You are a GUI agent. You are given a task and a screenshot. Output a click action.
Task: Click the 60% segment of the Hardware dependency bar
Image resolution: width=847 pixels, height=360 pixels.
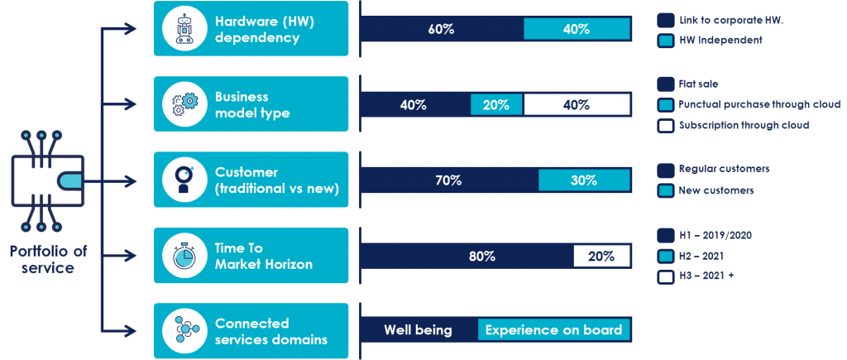(441, 29)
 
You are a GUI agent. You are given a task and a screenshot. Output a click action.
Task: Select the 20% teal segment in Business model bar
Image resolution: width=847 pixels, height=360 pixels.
(496, 105)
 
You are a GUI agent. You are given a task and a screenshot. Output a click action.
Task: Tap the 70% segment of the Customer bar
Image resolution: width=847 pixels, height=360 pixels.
(448, 180)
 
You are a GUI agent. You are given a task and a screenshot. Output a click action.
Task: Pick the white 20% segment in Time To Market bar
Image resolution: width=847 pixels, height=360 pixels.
(601, 256)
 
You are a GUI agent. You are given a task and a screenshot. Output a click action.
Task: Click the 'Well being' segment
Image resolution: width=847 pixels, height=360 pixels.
(418, 330)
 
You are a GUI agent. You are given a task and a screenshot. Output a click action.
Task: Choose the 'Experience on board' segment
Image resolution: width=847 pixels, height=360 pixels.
(553, 330)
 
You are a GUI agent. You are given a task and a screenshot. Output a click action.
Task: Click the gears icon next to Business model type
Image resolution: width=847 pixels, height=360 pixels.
(184, 104)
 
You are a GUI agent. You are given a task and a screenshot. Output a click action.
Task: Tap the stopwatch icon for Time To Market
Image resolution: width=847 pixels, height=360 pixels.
(184, 256)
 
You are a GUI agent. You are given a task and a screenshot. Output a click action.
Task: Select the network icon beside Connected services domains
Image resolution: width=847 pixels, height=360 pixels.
(184, 330)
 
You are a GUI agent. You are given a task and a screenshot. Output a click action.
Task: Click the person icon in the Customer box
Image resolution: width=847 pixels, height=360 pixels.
(184, 180)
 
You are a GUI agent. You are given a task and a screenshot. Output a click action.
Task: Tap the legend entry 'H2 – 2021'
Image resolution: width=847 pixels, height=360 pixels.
(700, 256)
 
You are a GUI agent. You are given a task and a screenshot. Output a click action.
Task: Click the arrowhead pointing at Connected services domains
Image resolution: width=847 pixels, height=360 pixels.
(131, 330)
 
